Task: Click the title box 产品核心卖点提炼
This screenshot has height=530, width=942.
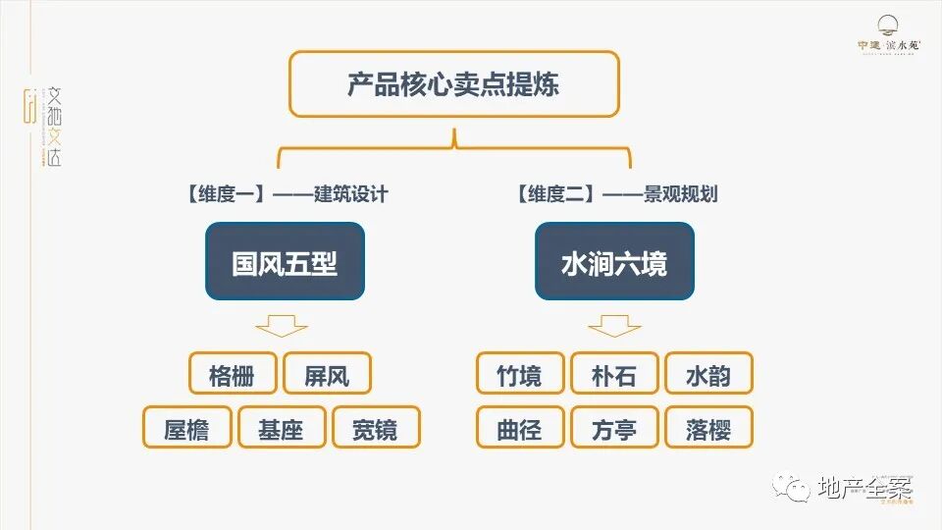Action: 453,83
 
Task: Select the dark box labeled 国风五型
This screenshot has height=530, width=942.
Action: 285,262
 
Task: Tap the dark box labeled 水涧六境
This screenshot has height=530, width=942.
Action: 614,262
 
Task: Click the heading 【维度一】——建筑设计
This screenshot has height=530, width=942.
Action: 286,193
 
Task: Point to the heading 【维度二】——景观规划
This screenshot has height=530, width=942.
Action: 615,193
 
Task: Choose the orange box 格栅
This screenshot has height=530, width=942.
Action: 233,374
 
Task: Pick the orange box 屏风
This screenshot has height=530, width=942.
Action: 327,374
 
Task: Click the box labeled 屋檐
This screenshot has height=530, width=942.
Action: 186,428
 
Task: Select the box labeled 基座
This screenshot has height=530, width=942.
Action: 281,428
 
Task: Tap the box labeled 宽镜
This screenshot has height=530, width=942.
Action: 375,428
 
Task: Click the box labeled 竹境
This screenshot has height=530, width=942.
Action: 520,374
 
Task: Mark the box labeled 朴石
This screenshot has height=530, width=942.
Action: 614,374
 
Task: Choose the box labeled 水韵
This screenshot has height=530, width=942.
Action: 708,374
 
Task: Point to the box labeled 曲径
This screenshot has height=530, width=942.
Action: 520,428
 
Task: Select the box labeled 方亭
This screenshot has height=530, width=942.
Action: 614,428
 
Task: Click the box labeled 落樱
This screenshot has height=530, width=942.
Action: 708,428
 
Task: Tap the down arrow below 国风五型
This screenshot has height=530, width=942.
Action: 281,325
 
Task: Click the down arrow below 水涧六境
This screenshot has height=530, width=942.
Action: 614,325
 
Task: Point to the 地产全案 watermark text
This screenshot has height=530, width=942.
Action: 863,487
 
